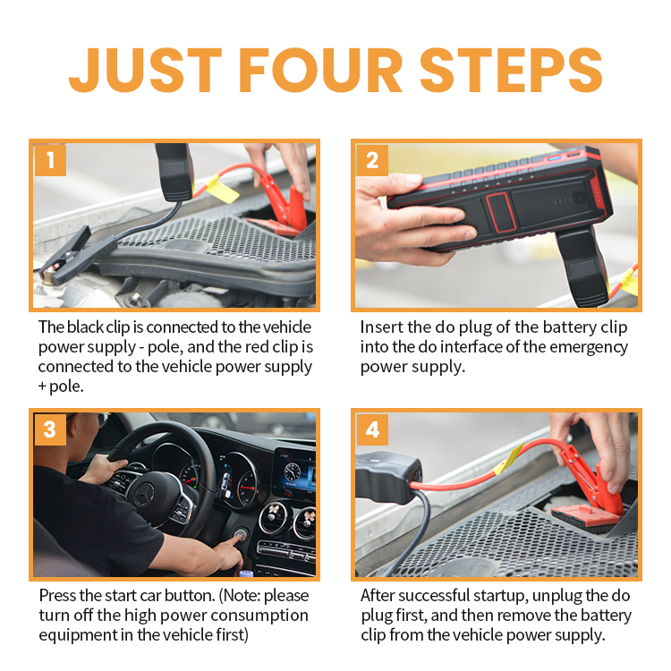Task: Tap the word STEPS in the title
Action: pos(512,70)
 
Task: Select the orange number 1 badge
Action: pos(50,160)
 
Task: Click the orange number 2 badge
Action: pos(372,160)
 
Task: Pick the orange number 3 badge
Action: pos(50,429)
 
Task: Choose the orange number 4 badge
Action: pos(372,429)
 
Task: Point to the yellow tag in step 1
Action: pos(222,189)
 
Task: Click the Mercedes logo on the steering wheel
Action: pos(145,494)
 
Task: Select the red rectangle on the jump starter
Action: pos(500,212)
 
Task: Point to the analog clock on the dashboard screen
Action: pos(293,471)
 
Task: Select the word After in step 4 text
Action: pos(378,596)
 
